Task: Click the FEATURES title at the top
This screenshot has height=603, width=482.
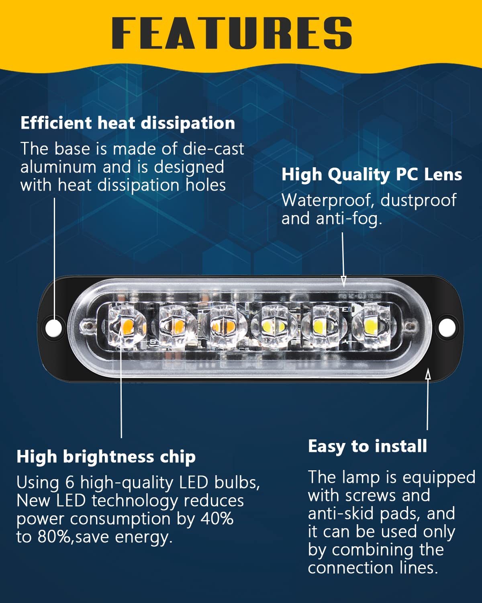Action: (x=232, y=33)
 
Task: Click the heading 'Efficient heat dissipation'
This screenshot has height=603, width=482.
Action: (x=128, y=123)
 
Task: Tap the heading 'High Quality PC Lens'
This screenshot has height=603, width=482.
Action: (x=372, y=175)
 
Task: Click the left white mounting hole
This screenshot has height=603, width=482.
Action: (x=53, y=327)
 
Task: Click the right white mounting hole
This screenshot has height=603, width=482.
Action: (x=447, y=327)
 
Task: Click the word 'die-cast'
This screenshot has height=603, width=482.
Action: (x=213, y=148)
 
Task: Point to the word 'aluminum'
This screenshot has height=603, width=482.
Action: (x=58, y=167)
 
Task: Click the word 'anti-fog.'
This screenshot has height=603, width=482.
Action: (x=349, y=219)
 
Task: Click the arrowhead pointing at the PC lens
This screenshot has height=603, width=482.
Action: (x=344, y=281)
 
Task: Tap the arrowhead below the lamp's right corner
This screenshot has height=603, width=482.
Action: (x=428, y=375)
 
